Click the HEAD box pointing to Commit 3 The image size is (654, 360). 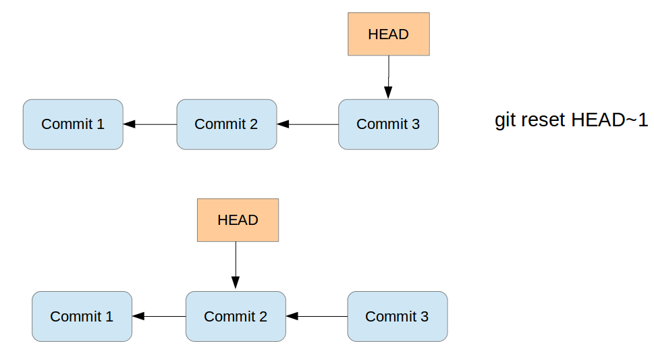point(388,34)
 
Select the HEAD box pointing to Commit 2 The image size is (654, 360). point(238,220)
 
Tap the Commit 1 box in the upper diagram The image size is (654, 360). point(73,124)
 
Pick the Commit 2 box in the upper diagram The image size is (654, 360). point(226,124)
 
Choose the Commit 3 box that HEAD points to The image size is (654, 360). point(388,124)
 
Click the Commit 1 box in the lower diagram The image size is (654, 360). point(82,316)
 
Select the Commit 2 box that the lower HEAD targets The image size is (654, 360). point(236,316)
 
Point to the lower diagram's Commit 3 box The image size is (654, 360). point(397,316)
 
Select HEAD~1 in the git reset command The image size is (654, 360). point(609,120)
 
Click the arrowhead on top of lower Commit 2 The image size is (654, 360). point(236,284)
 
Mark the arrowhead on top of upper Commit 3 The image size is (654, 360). point(388,93)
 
